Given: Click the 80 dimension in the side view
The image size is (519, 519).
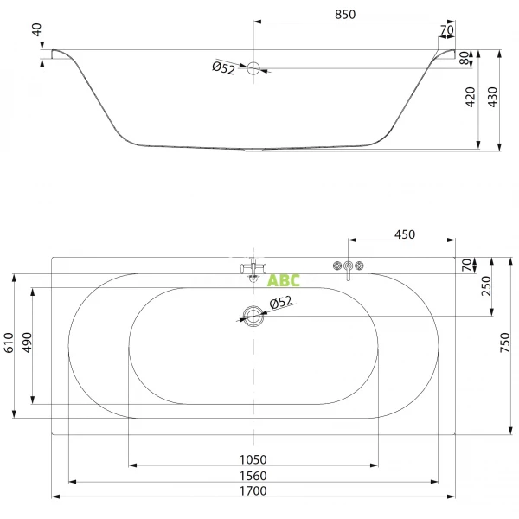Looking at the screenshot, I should (464, 59).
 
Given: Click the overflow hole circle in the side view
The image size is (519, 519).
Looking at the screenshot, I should (254, 69).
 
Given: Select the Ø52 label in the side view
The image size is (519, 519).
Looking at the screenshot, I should (223, 69).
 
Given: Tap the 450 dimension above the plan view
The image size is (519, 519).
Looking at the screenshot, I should (405, 234).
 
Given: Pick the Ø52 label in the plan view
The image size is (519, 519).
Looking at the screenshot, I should (281, 303).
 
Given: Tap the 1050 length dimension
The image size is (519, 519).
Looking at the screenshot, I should (253, 459).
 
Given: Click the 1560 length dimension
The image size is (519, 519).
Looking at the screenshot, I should (253, 475).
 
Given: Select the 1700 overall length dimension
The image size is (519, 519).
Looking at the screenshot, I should (253, 490).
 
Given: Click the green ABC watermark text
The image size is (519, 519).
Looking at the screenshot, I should (283, 280).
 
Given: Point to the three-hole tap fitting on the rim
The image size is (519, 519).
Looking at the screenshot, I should (349, 266).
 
